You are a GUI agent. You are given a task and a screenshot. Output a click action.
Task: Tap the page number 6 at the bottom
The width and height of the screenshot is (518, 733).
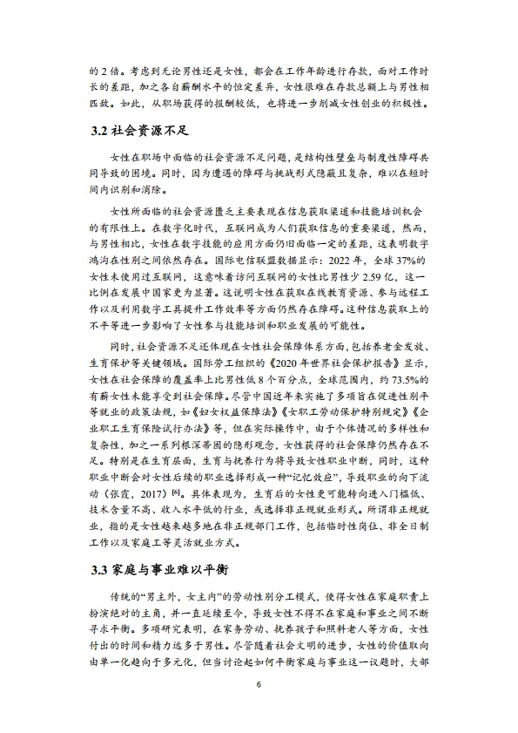click(x=259, y=685)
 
